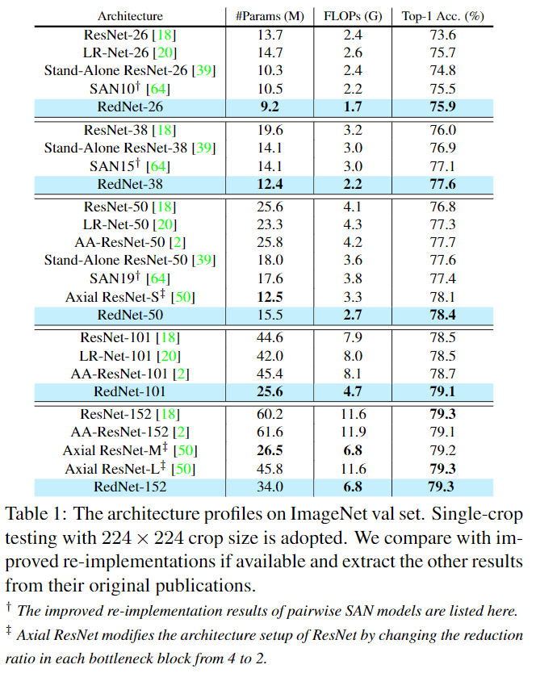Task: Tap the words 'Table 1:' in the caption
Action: pyautogui.click(x=39, y=514)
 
